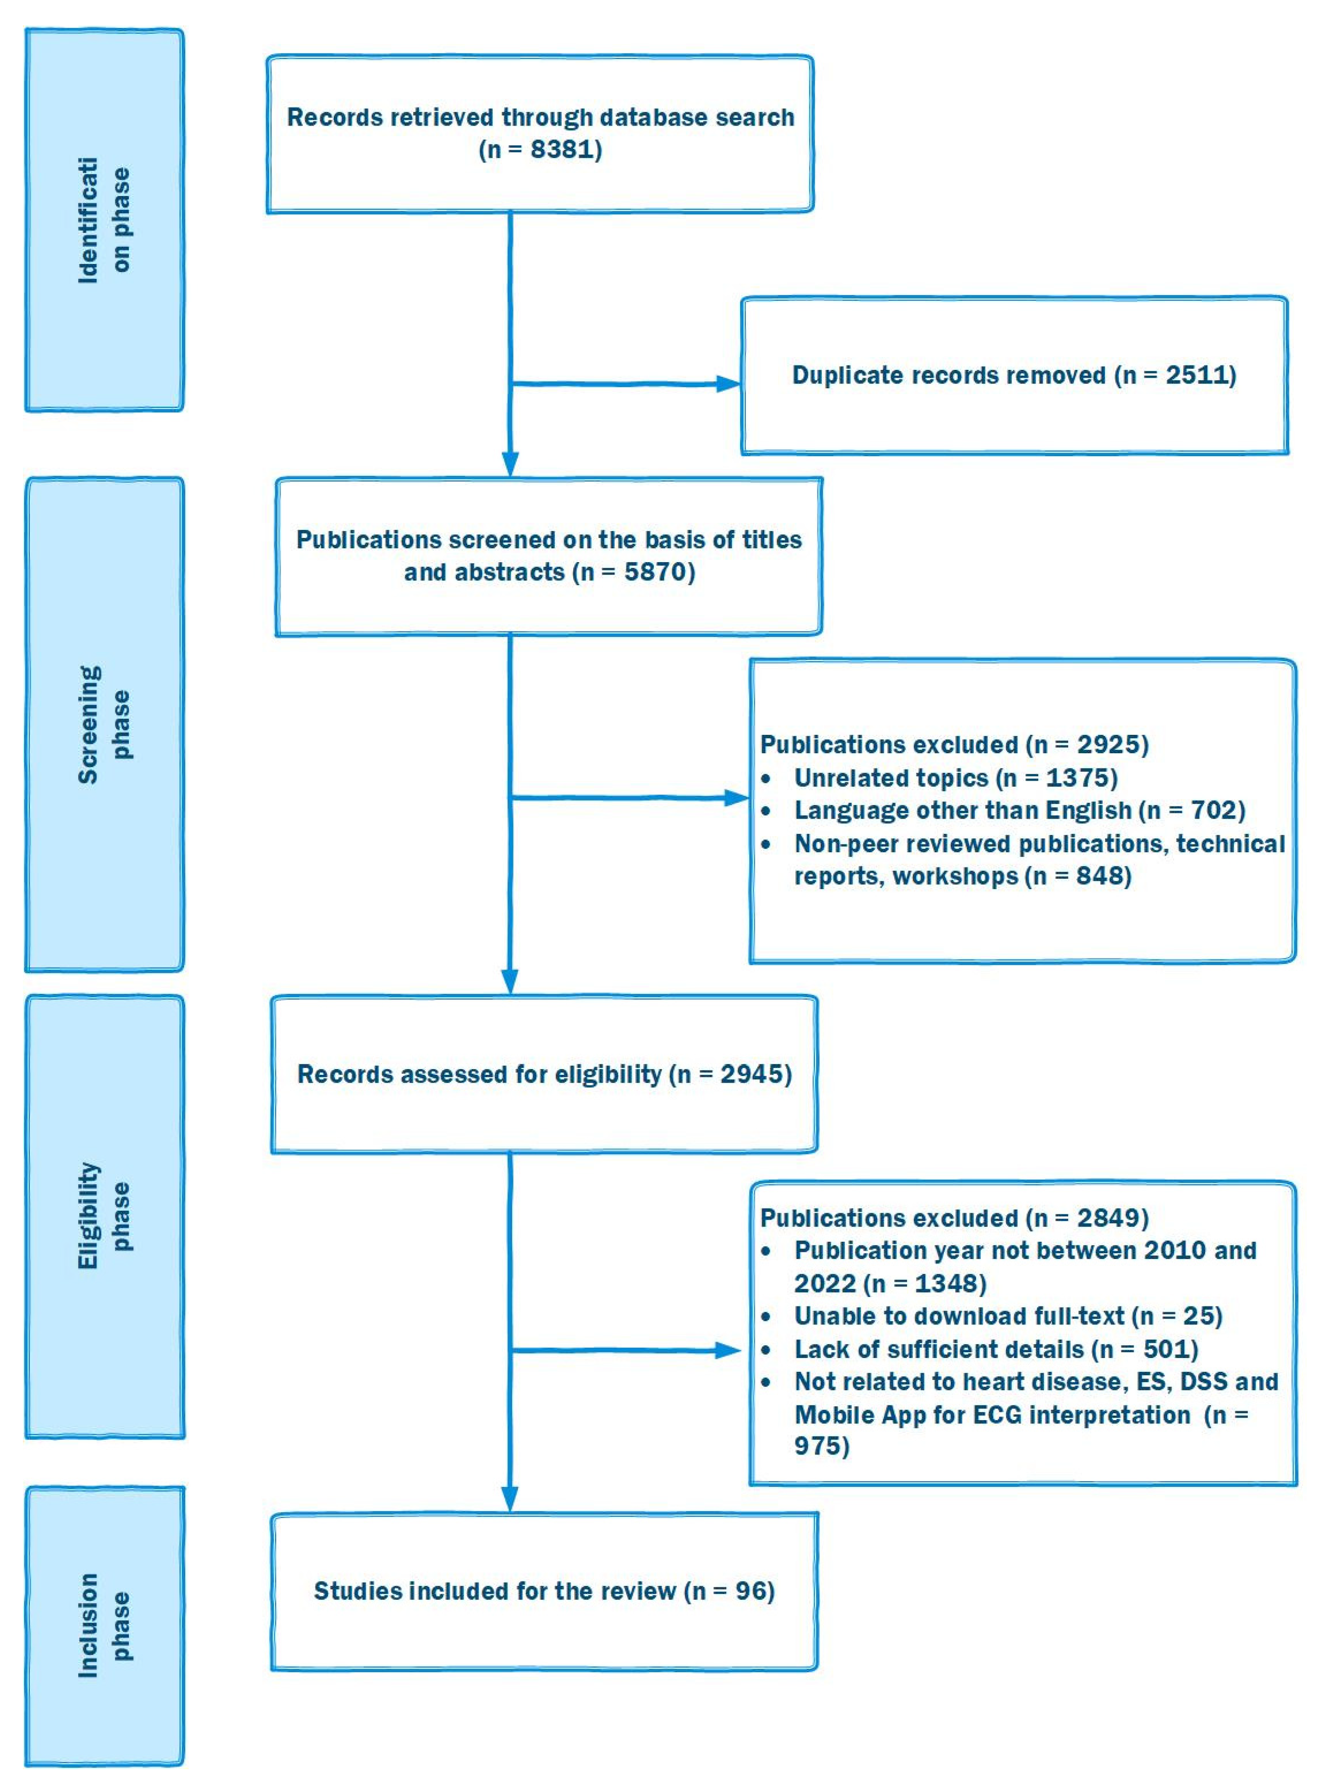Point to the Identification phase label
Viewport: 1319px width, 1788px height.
(104, 220)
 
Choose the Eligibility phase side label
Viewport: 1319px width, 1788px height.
(104, 1216)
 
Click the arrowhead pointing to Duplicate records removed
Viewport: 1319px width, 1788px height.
(728, 384)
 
